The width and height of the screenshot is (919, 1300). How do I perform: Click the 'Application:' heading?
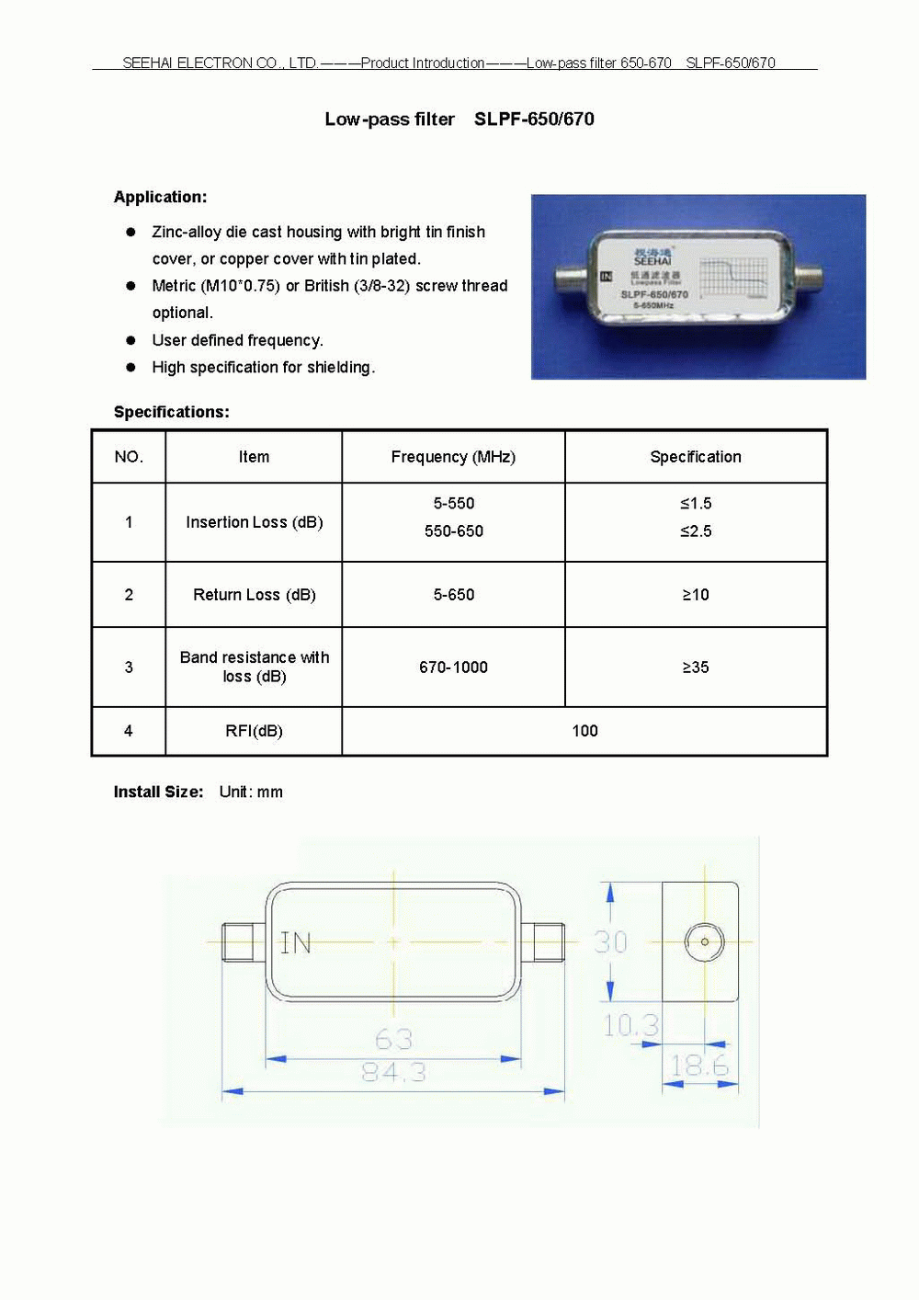point(160,197)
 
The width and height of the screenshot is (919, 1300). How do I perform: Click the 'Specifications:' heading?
point(171,412)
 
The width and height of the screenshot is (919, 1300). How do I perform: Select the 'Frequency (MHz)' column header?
point(453,457)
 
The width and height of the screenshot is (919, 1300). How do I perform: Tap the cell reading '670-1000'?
point(453,667)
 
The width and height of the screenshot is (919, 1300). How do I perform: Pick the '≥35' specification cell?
point(696,667)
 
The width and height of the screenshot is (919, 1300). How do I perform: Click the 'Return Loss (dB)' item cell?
point(255,595)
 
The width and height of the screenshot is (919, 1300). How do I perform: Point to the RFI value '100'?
point(584,731)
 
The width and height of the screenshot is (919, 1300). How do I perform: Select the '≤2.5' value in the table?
point(696,531)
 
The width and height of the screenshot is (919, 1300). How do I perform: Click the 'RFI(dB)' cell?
point(254,731)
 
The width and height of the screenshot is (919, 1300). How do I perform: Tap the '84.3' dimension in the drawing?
point(393,1072)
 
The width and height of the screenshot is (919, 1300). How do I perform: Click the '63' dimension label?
point(393,1039)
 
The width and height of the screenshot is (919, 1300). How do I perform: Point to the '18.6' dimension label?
point(699,1066)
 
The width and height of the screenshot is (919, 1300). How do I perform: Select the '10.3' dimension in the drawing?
point(630,1025)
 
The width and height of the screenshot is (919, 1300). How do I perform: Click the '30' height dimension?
point(610,942)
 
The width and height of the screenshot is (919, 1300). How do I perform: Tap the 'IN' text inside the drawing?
point(296,943)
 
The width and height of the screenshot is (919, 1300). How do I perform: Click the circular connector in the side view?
point(705,941)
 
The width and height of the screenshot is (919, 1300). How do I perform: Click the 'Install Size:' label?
point(158,792)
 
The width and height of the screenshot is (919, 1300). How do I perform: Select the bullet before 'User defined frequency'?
point(131,340)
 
